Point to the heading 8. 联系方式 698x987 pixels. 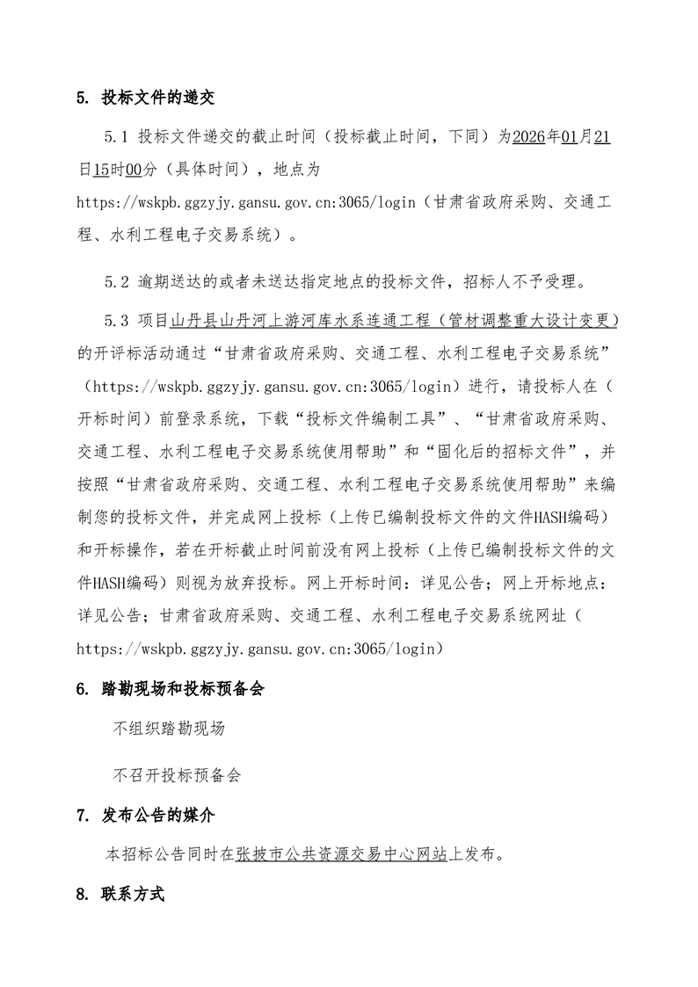tap(121, 896)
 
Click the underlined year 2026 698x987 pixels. tap(529, 137)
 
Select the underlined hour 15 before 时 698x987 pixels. tap(99, 166)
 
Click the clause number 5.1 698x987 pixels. tap(117, 137)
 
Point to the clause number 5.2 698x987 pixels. tap(117, 282)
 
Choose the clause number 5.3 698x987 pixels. tap(117, 320)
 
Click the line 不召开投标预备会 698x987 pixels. tap(177, 776)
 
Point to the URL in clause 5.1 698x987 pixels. tap(251, 204)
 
